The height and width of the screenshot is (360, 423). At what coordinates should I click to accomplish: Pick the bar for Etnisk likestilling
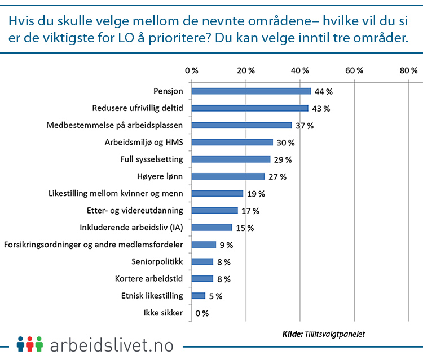(199, 296)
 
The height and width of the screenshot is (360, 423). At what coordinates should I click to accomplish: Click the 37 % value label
(305, 126)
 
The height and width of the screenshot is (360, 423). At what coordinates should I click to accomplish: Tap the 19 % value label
(256, 194)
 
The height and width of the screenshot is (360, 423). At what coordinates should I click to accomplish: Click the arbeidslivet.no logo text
(112, 344)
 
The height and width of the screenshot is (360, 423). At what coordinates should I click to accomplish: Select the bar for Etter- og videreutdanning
(214, 211)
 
